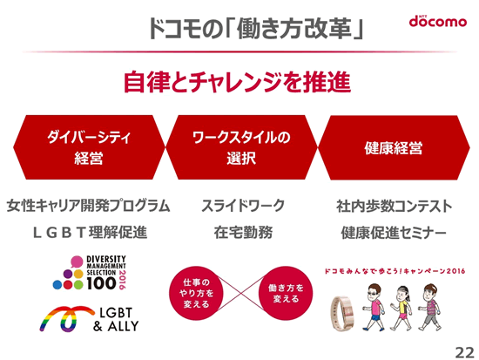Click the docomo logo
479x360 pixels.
(x=438, y=21)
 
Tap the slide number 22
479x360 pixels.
(x=465, y=353)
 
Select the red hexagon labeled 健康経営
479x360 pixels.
(x=394, y=147)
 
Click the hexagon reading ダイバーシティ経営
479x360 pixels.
(x=89, y=147)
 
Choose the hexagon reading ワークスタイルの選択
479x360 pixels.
(x=241, y=147)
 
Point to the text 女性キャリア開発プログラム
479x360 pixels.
(x=88, y=206)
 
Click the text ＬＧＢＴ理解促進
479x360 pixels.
(x=90, y=233)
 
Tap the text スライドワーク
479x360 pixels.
(x=243, y=206)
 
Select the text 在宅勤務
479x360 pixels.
(x=243, y=233)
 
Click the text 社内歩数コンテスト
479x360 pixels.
(x=394, y=206)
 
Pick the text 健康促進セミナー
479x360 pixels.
(x=394, y=233)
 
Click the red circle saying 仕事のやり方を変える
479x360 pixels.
(x=196, y=294)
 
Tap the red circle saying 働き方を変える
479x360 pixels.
(x=286, y=294)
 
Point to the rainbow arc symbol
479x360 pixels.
(x=67, y=318)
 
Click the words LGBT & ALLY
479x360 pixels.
(x=116, y=320)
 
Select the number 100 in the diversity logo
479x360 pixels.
(x=101, y=283)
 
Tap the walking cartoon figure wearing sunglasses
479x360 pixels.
(x=373, y=307)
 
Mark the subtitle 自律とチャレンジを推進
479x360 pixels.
(x=237, y=82)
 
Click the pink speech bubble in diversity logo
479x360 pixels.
(x=77, y=262)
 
